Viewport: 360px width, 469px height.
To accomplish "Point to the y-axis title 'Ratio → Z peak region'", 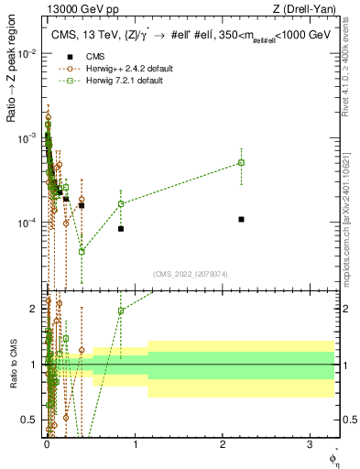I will [x=11, y=88].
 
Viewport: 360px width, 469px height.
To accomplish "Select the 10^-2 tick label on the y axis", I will [x=28, y=54].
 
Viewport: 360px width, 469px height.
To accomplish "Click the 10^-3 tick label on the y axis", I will [x=28, y=138].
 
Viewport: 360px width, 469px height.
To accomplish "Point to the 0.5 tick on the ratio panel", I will [x=31, y=420].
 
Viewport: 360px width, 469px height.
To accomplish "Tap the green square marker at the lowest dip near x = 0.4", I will [x=82, y=251].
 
